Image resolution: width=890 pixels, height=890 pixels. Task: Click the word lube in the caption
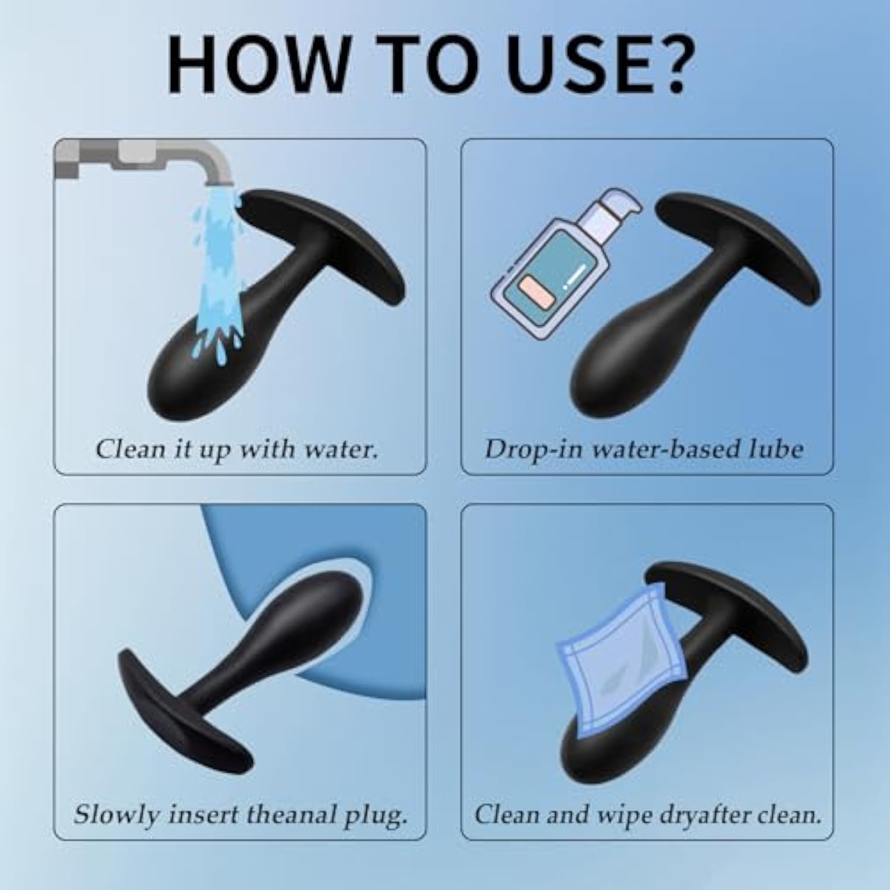(774, 449)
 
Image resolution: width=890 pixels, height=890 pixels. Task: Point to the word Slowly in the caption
(117, 815)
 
